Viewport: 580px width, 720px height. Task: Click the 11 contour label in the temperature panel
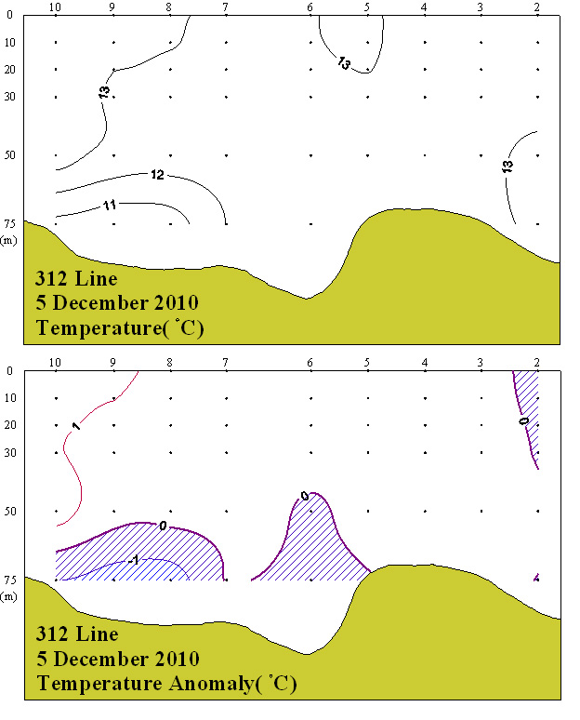pyautogui.click(x=110, y=205)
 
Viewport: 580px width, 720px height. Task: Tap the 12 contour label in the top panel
pyautogui.click(x=157, y=175)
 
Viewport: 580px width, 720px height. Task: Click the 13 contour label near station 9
pyautogui.click(x=103, y=91)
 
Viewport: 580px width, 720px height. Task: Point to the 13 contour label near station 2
pyautogui.click(x=507, y=166)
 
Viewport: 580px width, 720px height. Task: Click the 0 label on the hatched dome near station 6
pyautogui.click(x=305, y=496)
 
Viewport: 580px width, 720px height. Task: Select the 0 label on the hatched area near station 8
pyautogui.click(x=163, y=526)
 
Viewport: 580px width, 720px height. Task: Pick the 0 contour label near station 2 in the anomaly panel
pyautogui.click(x=522, y=420)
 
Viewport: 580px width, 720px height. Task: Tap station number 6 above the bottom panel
pyautogui.click(x=310, y=364)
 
